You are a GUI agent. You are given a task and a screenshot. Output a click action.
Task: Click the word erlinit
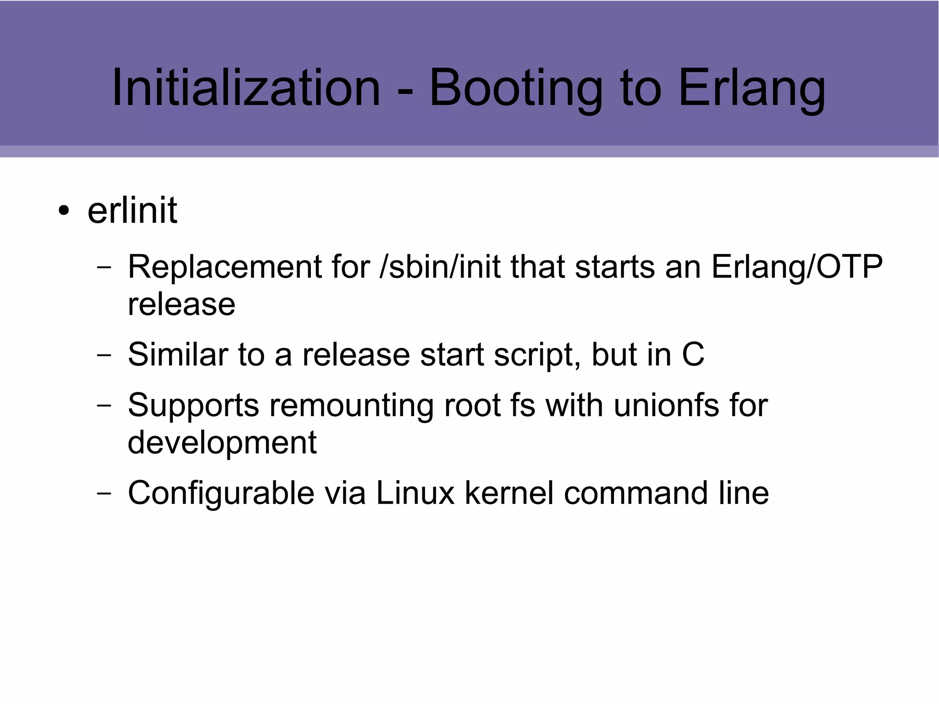(x=132, y=211)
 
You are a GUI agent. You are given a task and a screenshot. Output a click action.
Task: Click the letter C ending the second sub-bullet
(x=693, y=355)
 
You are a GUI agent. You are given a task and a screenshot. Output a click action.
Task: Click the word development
(x=222, y=443)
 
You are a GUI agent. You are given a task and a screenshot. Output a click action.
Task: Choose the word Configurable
(x=221, y=493)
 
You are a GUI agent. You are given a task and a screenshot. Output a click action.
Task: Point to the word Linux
(x=415, y=493)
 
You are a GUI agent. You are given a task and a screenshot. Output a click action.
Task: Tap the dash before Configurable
(x=104, y=493)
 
